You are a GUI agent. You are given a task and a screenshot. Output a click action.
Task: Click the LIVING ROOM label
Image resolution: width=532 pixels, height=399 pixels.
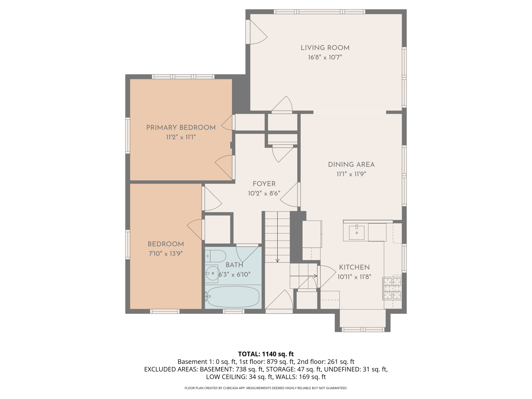325,48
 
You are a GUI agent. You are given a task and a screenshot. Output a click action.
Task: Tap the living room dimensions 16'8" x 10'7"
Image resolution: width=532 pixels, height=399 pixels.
325,57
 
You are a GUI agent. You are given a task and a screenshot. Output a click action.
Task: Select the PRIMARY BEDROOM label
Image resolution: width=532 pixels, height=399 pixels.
181,128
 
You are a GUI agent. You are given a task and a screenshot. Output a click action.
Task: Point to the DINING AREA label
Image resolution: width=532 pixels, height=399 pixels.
351,165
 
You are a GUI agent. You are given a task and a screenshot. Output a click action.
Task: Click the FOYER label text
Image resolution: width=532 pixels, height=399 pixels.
264,184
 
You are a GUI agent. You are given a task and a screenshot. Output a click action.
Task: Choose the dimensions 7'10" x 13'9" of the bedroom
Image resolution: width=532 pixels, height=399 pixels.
166,254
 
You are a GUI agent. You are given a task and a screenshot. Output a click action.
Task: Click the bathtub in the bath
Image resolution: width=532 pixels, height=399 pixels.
233,296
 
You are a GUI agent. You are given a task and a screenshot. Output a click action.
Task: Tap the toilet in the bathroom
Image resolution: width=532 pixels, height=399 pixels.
216,256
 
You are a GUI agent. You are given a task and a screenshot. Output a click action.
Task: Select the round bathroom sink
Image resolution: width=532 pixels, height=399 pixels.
212,273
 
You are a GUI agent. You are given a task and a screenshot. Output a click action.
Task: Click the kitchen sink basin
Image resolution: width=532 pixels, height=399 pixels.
357,232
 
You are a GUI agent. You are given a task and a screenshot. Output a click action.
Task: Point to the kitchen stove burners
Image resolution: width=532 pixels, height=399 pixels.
392,289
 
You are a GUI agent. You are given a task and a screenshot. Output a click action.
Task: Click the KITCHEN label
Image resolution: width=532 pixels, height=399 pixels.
354,268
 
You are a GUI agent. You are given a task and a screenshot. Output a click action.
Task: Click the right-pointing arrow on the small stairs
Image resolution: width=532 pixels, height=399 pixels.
304,276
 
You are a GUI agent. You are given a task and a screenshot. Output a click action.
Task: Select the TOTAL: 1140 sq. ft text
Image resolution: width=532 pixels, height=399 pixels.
266,354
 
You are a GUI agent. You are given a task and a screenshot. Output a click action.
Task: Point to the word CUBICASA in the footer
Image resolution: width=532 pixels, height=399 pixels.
226,388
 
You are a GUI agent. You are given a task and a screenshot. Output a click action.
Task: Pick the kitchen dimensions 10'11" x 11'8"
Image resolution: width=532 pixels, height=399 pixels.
354,277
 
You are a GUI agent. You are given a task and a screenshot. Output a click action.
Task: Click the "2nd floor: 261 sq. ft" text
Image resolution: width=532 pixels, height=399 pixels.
326,362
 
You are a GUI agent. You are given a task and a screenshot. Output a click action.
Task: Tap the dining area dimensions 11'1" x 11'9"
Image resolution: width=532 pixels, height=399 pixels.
351,174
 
